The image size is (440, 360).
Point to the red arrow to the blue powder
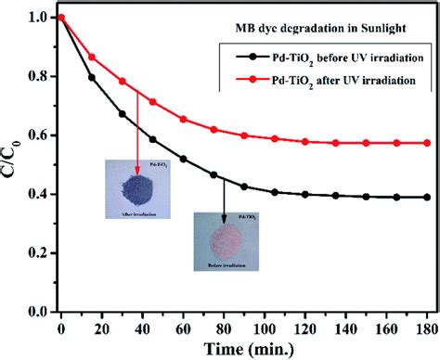136,130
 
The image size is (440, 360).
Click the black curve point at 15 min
90,77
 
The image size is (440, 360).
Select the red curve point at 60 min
185,120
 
